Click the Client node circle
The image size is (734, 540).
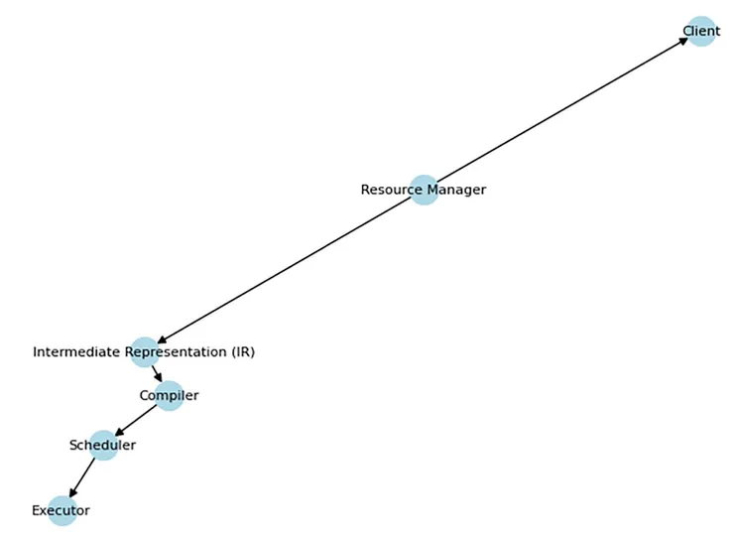(700, 31)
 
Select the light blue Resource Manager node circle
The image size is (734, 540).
(425, 190)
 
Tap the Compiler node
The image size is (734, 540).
(169, 395)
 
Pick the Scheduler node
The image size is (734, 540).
(103, 445)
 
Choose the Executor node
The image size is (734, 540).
(61, 510)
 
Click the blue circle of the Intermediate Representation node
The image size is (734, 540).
(145, 351)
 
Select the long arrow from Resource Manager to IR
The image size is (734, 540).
(288, 269)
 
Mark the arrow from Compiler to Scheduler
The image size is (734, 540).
(137, 419)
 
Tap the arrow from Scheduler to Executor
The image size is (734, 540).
(83, 476)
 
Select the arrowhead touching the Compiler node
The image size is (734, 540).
(159, 378)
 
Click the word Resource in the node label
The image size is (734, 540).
(387, 190)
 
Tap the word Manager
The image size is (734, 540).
(452, 190)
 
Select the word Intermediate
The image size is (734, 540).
(79, 352)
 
